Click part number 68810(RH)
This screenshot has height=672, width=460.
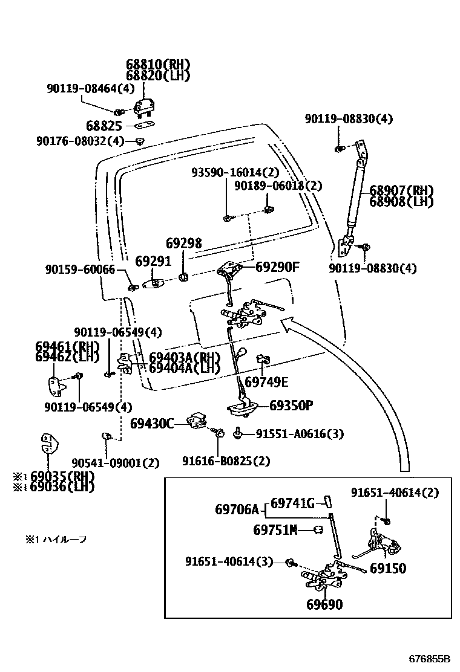pos(158,65)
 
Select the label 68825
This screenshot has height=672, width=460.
pos(104,127)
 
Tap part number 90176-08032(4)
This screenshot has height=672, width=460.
pos(88,141)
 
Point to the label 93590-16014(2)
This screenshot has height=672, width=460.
pos(227,172)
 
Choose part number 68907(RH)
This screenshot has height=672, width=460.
pos(401,191)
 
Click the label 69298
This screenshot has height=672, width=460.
pos(184,244)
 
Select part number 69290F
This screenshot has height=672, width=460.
pos(277,266)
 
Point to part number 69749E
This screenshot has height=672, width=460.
pos(266,382)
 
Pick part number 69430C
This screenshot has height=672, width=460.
pos(152,424)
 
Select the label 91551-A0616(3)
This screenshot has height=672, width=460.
pos(300,433)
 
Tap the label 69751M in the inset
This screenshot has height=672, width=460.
pos(275,530)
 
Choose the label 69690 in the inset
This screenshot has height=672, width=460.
pos(324,604)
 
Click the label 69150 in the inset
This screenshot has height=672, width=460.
pos(388,568)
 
